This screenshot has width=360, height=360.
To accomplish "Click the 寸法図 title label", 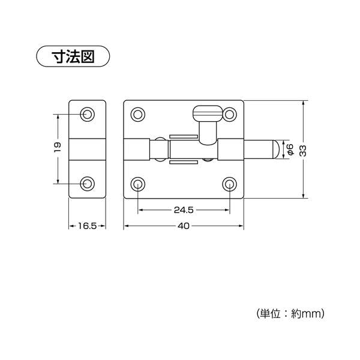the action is tap(73, 56).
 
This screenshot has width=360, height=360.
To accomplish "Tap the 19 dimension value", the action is tap(58, 148).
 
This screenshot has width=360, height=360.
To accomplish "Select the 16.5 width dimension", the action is tap(87, 226).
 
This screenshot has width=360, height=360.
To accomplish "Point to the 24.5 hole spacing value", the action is tap(184, 210).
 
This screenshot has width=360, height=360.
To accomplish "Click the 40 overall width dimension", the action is tap(184, 226).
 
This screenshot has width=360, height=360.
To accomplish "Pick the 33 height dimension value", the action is tap(303, 151).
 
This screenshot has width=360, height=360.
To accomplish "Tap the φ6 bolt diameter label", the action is tap(290, 149).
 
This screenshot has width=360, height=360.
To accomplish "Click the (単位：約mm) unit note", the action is tap(290, 313).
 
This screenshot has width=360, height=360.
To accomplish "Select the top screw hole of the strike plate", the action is tap(87, 114).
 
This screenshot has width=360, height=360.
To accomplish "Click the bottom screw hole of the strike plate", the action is tap(87, 184).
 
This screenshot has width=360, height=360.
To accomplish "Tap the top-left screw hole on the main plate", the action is tap(138, 114).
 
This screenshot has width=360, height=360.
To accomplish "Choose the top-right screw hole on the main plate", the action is tap(230, 114).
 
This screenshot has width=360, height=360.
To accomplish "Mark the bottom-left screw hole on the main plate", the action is tap(138, 184).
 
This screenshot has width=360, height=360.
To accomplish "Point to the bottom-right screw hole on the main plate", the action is tap(230, 184).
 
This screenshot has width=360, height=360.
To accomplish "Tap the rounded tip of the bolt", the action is tap(276, 149).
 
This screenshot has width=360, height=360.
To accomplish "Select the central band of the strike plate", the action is tap(87, 149).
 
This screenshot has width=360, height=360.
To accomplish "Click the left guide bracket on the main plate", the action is tap(137, 149).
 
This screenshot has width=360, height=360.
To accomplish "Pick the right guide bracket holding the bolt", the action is tap(230, 149).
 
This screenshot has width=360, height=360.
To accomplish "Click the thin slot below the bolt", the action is tap(184, 163).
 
